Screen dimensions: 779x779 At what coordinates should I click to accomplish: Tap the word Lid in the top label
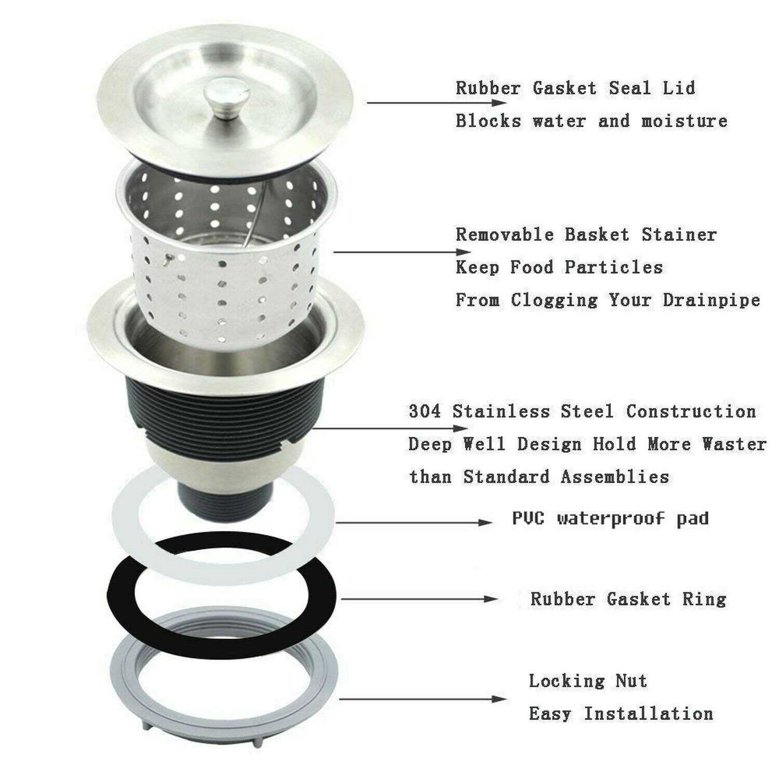(x=678, y=88)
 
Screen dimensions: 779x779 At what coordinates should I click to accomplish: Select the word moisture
(x=684, y=122)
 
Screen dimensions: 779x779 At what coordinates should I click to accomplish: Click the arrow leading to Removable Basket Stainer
(x=395, y=252)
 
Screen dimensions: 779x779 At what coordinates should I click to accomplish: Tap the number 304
(x=424, y=411)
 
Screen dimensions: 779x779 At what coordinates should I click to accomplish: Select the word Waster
(x=734, y=444)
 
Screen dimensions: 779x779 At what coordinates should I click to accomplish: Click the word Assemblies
(x=615, y=477)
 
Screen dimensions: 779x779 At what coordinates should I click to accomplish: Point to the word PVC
(x=528, y=518)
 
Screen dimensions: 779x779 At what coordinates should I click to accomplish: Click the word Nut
(x=631, y=680)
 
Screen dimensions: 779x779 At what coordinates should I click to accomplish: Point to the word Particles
(x=613, y=267)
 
